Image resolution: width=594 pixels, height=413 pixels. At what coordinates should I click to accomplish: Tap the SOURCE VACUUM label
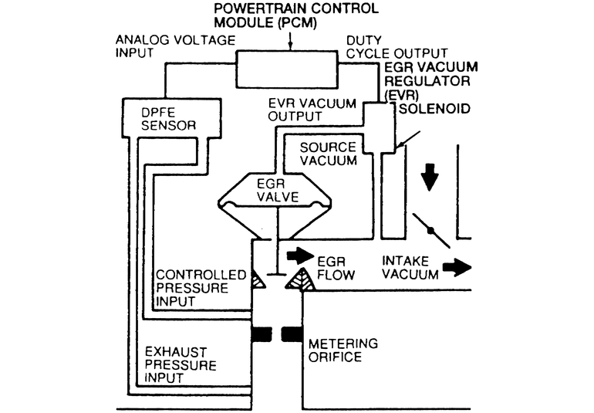[x=328, y=154]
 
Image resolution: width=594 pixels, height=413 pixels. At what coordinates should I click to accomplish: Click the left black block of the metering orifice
[x=262, y=334]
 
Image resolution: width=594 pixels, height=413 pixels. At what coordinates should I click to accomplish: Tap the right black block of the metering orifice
[x=291, y=334]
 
